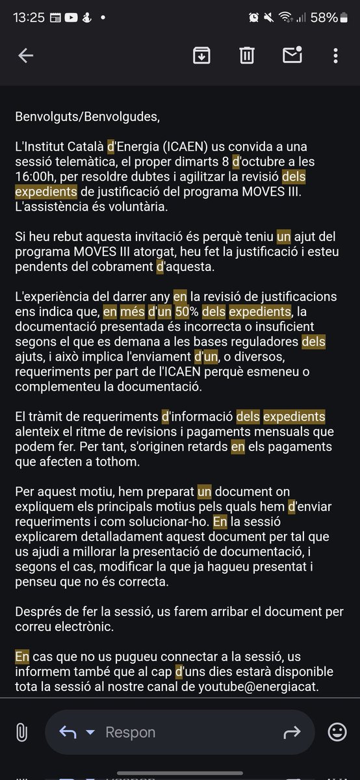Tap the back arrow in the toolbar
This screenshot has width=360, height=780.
[25, 56]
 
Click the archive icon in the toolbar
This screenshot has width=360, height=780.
[201, 56]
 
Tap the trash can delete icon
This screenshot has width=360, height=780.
[246, 56]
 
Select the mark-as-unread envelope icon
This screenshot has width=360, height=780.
[292, 56]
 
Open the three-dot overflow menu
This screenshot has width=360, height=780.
[335, 56]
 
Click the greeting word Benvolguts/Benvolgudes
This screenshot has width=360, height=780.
[87, 118]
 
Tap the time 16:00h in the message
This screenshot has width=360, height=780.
[38, 177]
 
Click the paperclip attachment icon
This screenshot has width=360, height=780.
[21, 732]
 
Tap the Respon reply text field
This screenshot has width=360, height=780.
[131, 733]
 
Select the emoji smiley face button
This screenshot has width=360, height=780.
[337, 732]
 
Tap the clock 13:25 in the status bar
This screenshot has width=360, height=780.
[29, 18]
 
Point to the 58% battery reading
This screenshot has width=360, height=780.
[323, 18]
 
